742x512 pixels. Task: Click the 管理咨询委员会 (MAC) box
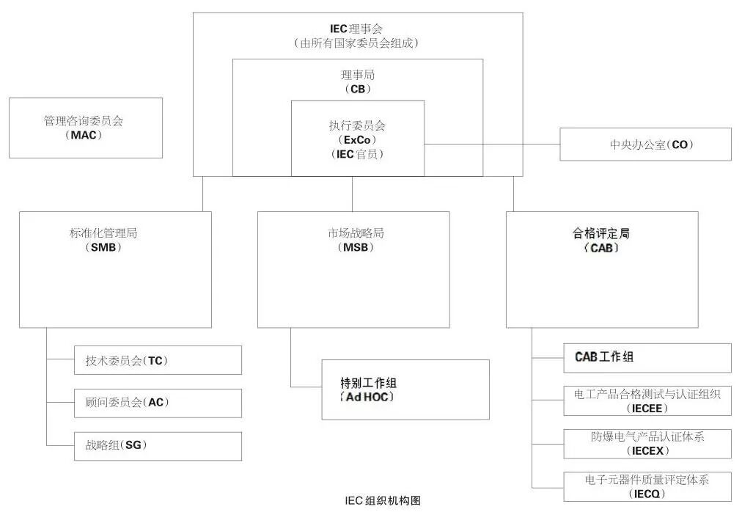pos(85,128)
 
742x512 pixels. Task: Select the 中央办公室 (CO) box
pos(645,145)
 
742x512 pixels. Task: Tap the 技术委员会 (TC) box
pos(158,360)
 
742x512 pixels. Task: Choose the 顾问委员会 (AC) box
pos(158,403)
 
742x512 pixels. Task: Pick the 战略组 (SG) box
pos(158,445)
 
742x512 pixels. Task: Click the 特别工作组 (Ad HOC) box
pos(405,390)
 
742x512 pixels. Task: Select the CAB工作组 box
pos(647,357)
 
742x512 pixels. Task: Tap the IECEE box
pos(647,401)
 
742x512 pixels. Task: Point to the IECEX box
pos(647,444)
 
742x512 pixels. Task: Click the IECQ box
pos(647,486)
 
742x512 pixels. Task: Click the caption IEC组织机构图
pos(383,501)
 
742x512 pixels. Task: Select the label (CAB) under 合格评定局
pos(601,248)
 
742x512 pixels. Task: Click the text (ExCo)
pos(357,139)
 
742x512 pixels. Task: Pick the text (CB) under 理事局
pos(357,89)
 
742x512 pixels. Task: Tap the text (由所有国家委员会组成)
pos(356,43)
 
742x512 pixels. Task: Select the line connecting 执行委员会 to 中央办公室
pos(491,144)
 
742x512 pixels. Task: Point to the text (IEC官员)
pos(357,154)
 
